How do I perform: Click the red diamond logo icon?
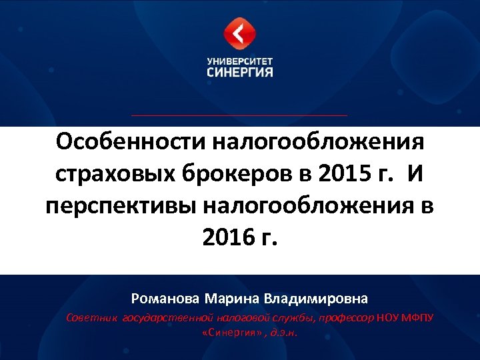click(239, 33)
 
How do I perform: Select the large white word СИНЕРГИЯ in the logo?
click(239, 71)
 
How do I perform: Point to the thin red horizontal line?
click(239, 115)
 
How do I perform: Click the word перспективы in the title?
click(121, 205)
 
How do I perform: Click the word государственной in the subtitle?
click(167, 318)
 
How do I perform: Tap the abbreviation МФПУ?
click(417, 318)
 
